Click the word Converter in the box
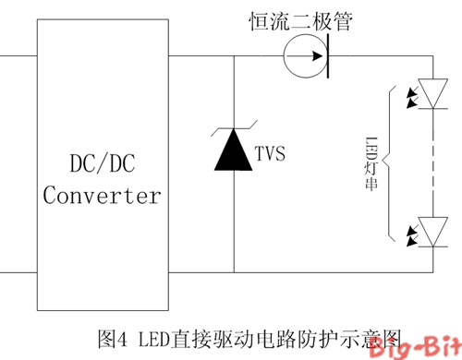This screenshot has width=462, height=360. coord(102,196)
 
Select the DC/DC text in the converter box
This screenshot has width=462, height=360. coord(102,164)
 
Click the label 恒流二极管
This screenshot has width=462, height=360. coord(301,19)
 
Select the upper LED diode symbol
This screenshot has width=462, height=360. coord(432,90)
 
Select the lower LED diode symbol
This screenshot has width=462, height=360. coord(432,229)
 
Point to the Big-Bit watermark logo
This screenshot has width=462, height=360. coord(420,346)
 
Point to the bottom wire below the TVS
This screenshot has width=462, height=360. coord(233,272)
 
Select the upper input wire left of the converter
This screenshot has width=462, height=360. coord(18,56)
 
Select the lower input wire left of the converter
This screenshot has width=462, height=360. coord(18,272)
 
